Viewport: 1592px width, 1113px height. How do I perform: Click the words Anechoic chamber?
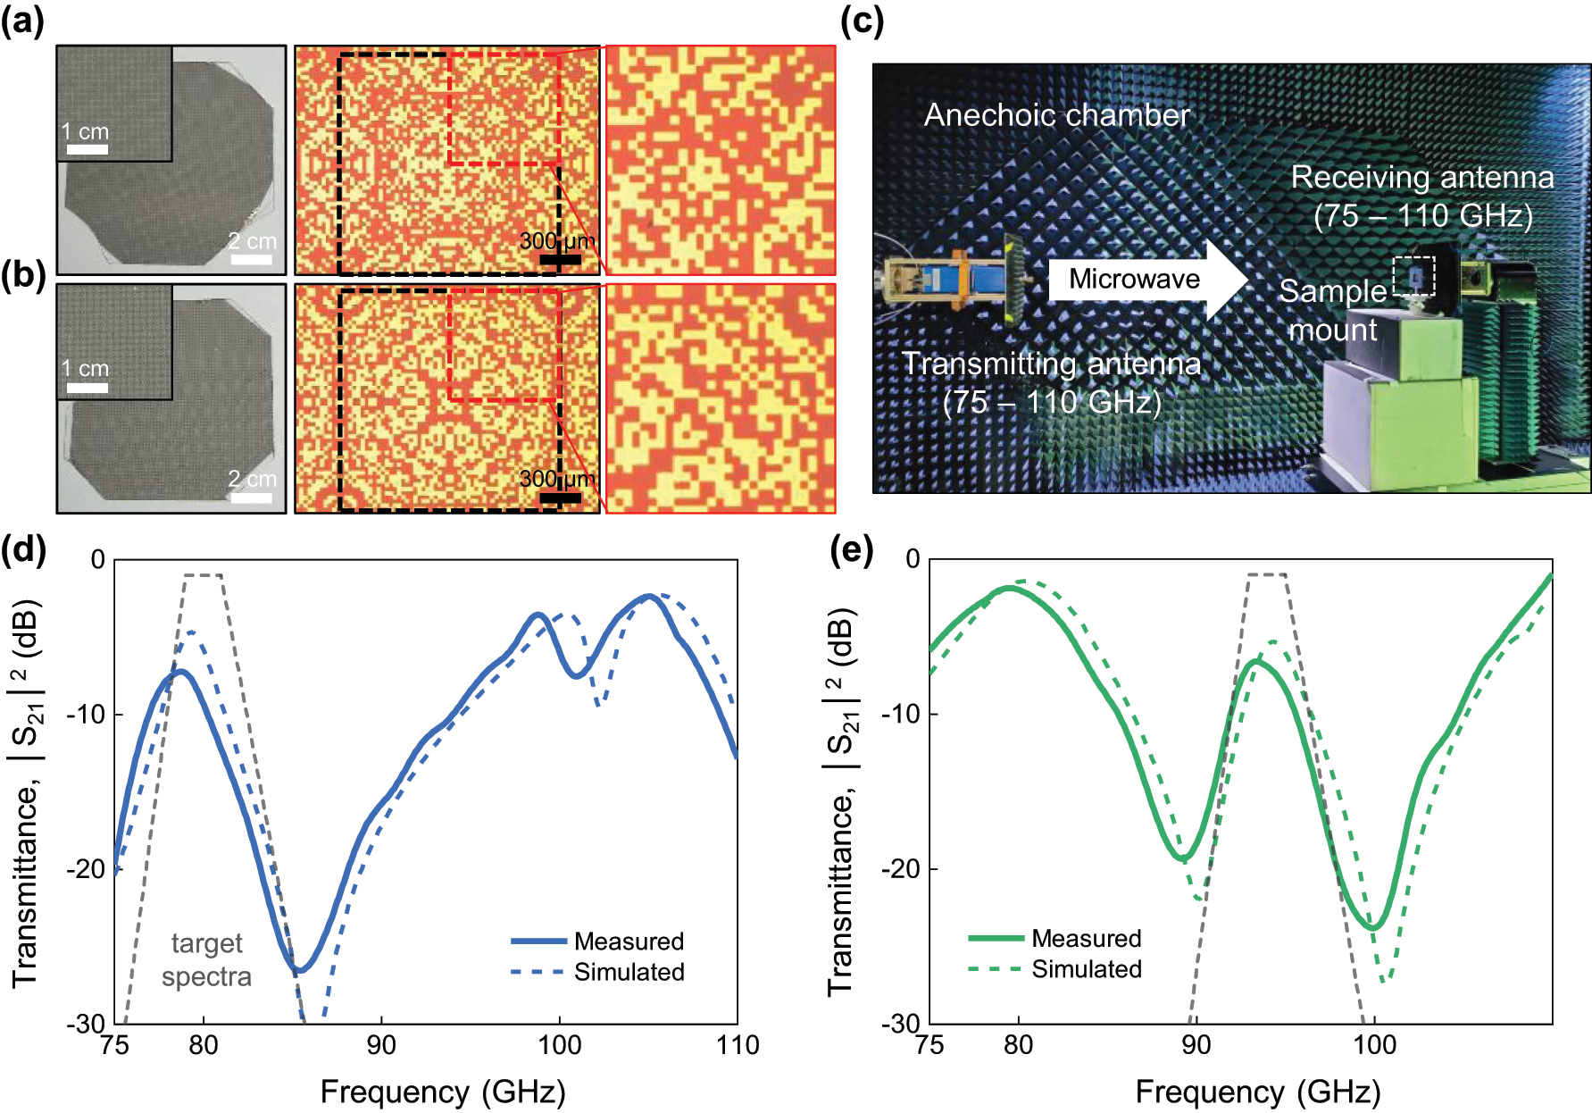point(1056,115)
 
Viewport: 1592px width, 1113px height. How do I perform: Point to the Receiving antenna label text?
point(1421,178)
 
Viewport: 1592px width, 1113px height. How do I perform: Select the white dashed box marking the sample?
point(1414,276)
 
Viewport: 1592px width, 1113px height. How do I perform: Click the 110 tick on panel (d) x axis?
point(738,1045)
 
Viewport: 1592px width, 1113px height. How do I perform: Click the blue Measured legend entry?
point(597,941)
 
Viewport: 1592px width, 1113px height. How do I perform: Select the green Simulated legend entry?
point(1054,969)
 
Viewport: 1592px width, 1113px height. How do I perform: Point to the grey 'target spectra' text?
point(206,959)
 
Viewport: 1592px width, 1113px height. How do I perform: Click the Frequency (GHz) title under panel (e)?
point(1257,1092)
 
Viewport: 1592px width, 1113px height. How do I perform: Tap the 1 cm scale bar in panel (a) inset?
point(88,148)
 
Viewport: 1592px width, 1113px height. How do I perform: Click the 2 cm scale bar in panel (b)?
point(251,497)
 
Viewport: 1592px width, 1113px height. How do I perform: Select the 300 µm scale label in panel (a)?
point(557,241)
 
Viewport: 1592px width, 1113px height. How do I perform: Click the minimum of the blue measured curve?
point(300,970)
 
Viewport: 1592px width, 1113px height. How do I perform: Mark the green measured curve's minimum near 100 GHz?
point(1373,928)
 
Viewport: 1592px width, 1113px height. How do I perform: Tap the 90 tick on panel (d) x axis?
point(381,1045)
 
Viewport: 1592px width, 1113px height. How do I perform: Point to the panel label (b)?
point(23,275)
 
